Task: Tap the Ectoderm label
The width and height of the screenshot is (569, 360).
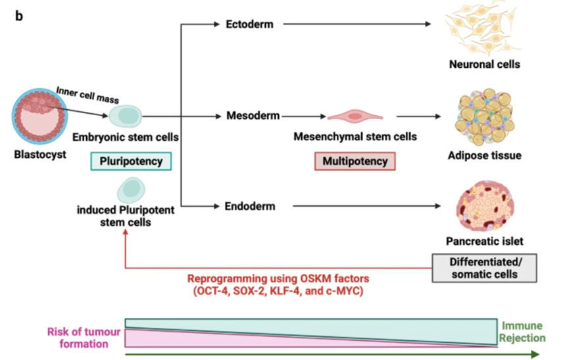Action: click(249, 24)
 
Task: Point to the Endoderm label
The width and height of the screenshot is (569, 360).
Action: click(250, 206)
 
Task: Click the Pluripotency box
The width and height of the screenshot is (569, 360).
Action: click(131, 161)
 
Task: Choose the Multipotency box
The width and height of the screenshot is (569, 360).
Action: click(355, 161)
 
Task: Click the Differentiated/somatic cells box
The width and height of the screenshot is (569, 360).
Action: click(484, 267)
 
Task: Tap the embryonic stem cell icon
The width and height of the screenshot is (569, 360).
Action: click(124, 116)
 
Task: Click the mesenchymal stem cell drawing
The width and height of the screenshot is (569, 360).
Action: click(355, 116)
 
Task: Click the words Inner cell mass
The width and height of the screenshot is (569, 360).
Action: click(87, 95)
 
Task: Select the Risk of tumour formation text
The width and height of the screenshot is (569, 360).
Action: click(84, 338)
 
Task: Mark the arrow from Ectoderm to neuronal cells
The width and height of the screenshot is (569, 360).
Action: click(355, 24)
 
